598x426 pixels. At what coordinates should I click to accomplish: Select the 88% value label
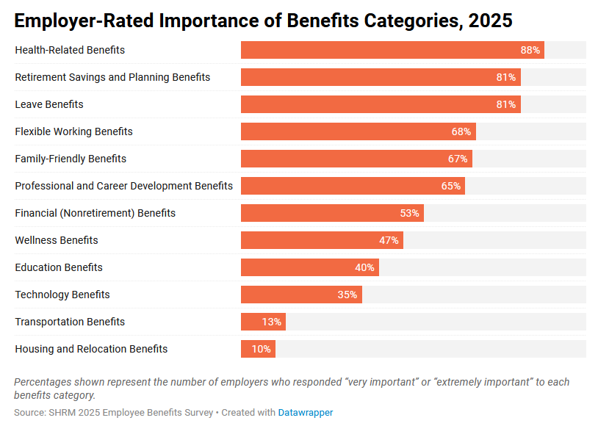tap(530, 50)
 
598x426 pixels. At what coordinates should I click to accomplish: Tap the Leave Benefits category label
tap(49, 104)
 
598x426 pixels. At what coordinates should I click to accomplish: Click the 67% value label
tap(458, 159)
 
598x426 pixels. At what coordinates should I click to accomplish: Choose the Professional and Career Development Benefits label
tap(123, 186)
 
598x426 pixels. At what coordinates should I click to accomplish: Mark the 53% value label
tap(409, 213)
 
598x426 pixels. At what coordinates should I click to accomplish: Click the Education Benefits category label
tap(59, 267)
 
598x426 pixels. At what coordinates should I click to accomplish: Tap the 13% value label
tap(272, 322)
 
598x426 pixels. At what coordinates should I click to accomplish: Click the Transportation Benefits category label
tap(70, 322)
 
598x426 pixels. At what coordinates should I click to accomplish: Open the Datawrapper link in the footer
tap(305, 413)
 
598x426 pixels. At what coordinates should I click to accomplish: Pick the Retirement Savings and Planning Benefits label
tap(112, 77)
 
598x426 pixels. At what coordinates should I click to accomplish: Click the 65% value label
tap(451, 186)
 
